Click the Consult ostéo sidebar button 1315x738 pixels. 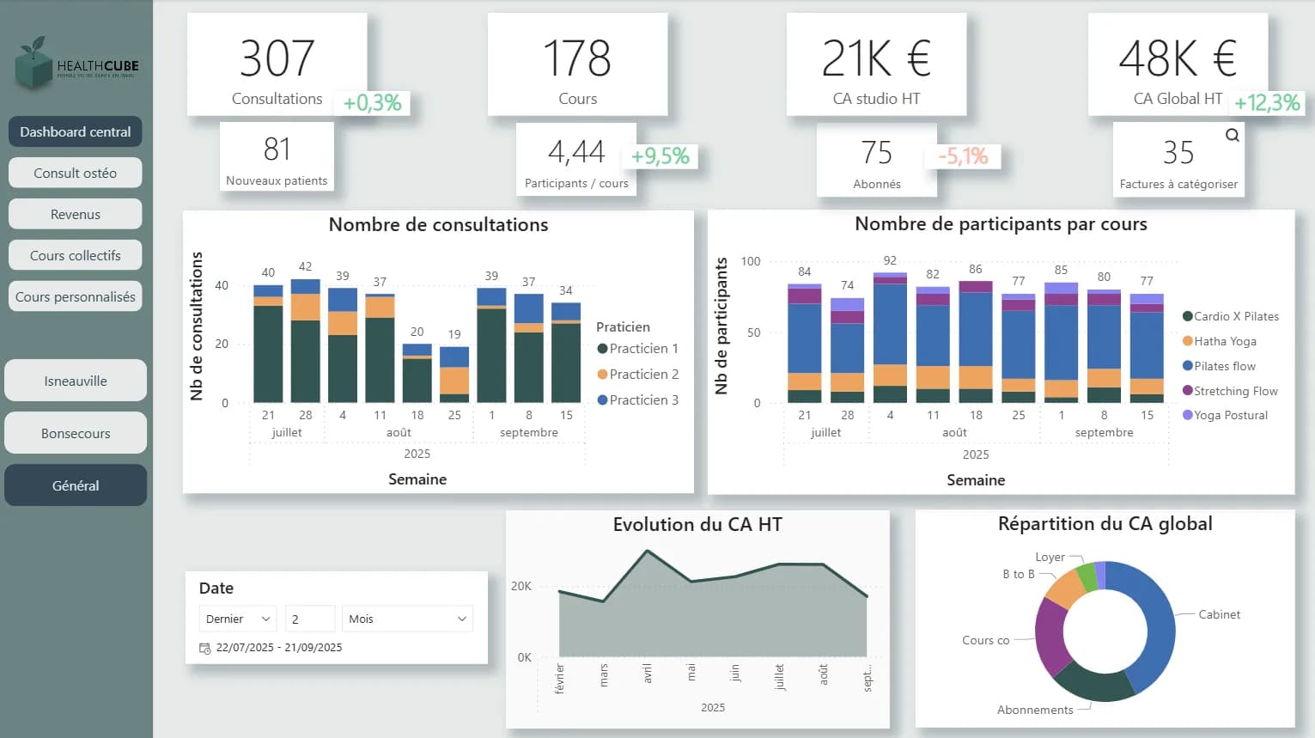click(75, 173)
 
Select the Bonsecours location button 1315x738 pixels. click(76, 433)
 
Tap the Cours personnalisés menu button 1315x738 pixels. click(75, 296)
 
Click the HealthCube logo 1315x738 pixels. click(76, 64)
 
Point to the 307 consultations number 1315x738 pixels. click(277, 58)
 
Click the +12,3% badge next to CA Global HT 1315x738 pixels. click(1267, 103)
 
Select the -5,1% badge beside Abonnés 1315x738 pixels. click(963, 156)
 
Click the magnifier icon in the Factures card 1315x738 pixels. click(1232, 135)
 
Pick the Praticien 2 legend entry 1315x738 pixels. click(643, 375)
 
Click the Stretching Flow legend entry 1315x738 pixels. click(1235, 391)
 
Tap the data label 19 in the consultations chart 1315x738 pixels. click(454, 334)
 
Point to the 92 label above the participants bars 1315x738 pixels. click(890, 260)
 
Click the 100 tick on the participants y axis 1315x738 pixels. click(751, 261)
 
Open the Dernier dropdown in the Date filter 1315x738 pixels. click(237, 619)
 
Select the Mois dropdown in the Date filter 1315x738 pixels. click(407, 619)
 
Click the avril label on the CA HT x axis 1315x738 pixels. click(647, 674)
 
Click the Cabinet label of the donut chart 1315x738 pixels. click(1219, 614)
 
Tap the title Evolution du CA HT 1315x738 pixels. click(697, 525)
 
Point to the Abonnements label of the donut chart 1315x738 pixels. click(1035, 710)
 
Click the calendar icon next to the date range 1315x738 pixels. click(204, 648)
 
